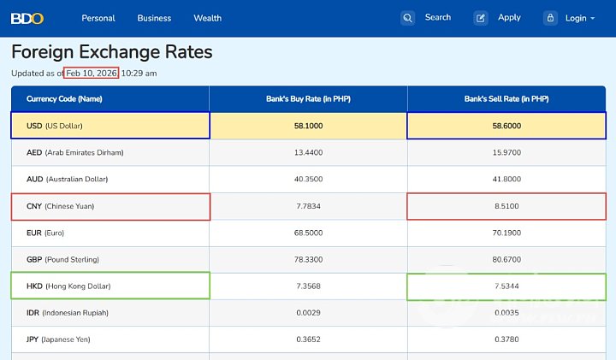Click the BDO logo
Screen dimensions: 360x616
[x=28, y=18]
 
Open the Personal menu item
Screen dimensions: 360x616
[x=98, y=18]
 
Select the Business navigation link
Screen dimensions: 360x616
[x=154, y=18]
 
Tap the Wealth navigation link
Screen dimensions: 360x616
[x=207, y=18]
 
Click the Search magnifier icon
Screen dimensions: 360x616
[x=408, y=18]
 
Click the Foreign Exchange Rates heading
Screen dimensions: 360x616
[x=112, y=52]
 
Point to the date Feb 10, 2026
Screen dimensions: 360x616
[x=92, y=74]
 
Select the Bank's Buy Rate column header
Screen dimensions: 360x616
[x=308, y=99]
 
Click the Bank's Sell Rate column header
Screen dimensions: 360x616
[x=506, y=99]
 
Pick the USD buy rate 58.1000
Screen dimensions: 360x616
[x=308, y=126]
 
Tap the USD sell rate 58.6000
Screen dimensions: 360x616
[x=506, y=126]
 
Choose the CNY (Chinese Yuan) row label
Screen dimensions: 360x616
[x=61, y=206]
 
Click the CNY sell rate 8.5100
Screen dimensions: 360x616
[x=506, y=206]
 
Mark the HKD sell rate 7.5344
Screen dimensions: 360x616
[x=506, y=286]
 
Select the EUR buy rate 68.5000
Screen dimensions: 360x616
[x=308, y=233]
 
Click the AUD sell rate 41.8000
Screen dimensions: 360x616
[x=506, y=180]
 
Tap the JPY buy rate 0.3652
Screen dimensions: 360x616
[x=308, y=339]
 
